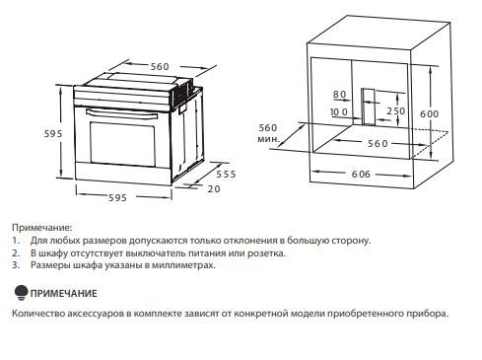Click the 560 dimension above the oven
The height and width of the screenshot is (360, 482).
click(x=160, y=67)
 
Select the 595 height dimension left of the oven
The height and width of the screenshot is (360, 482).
click(x=53, y=134)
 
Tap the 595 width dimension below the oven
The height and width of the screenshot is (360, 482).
click(x=117, y=197)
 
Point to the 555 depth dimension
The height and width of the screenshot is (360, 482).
click(x=226, y=175)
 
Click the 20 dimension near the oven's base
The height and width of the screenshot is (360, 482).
click(x=214, y=189)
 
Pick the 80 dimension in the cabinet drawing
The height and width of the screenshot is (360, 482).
click(x=340, y=95)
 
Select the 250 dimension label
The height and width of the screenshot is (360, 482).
click(x=396, y=111)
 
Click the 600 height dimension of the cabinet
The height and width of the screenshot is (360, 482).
click(x=430, y=114)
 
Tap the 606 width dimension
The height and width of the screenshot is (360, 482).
click(x=361, y=175)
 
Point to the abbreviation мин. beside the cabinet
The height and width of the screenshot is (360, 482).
click(x=269, y=139)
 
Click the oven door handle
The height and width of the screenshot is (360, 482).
click(x=121, y=114)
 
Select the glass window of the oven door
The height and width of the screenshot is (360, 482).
click(x=122, y=143)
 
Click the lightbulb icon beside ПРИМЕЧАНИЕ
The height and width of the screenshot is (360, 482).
click(x=21, y=293)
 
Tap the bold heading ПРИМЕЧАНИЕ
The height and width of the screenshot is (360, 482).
click(x=64, y=293)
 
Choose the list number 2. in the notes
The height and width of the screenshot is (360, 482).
click(x=16, y=253)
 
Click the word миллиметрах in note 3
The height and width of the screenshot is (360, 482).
click(x=183, y=265)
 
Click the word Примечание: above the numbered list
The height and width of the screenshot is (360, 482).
click(x=41, y=227)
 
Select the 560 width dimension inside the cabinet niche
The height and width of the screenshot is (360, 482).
click(x=378, y=144)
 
